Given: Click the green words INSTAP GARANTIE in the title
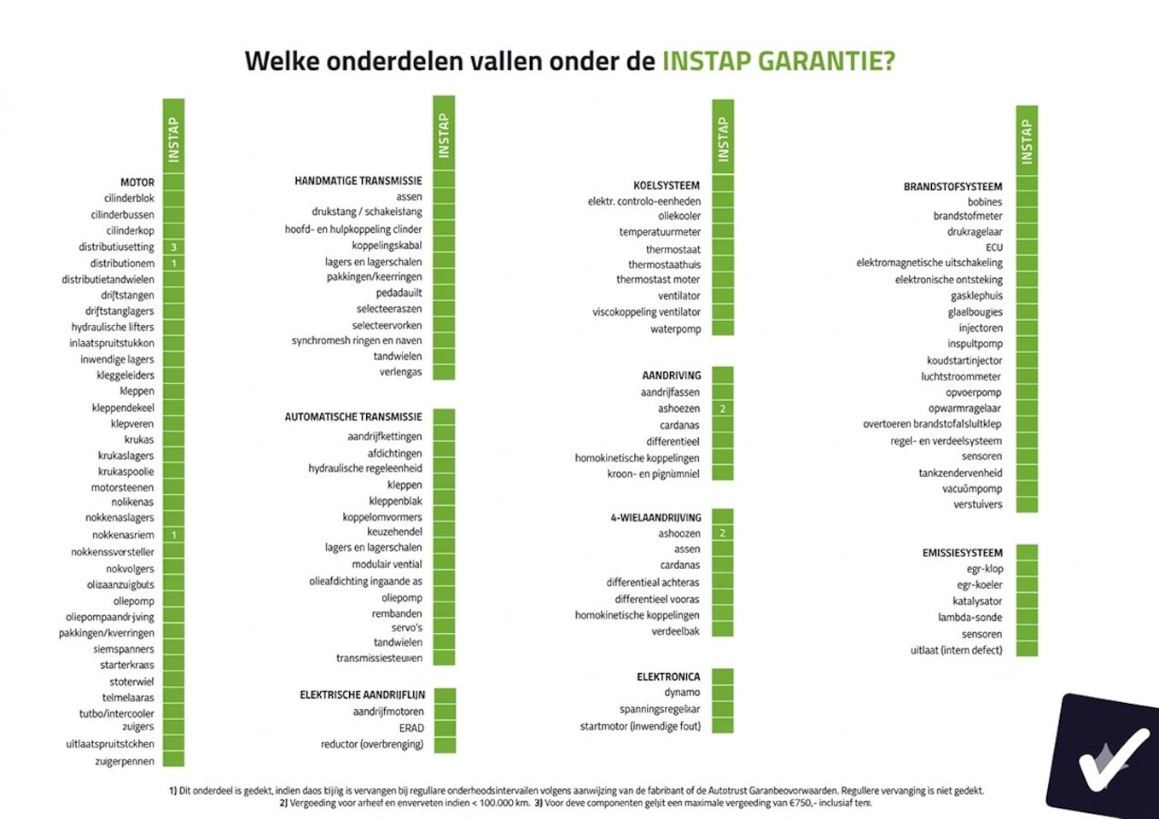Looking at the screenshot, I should tap(778, 61).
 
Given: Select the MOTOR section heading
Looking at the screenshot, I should tap(137, 183).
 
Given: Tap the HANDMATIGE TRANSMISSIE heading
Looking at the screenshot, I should tap(358, 181).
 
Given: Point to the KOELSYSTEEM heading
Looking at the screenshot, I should tap(667, 185).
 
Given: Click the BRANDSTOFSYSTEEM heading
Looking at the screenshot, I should tap(952, 187).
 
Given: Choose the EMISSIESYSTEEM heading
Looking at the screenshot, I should tap(962, 553).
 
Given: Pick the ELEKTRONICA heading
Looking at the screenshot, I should tap(668, 677).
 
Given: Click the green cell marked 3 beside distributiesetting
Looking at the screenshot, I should tap(174, 247).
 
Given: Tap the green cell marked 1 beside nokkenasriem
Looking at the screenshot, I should tap(174, 535).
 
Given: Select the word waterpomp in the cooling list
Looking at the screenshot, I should tap(675, 329).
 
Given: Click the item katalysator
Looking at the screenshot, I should tap(977, 601).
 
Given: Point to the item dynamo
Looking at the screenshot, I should tap(682, 693).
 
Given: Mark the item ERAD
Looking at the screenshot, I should tap(411, 728).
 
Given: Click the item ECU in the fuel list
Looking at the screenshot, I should tap(994, 247).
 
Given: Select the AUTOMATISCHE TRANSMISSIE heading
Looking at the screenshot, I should tap(353, 417).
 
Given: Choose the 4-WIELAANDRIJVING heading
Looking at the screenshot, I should tap(655, 518).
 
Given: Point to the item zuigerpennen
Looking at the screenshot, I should tap(125, 761).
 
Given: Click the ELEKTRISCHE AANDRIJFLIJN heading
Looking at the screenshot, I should tap(362, 695).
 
